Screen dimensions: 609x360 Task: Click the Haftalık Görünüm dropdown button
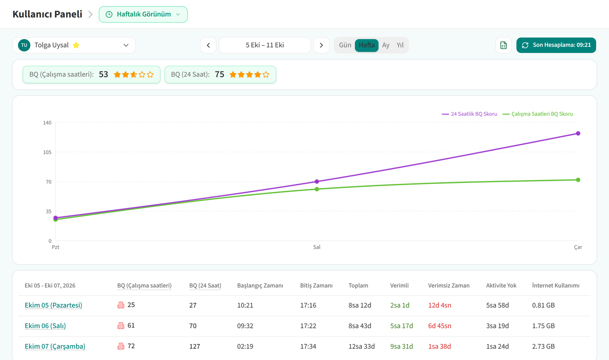143,14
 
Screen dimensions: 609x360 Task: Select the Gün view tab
345,45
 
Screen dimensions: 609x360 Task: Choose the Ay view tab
385,45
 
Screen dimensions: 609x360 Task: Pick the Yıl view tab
400,45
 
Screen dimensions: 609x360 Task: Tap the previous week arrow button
208,45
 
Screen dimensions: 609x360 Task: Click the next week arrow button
321,45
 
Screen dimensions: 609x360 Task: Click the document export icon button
503,45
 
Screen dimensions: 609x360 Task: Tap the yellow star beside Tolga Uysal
76,45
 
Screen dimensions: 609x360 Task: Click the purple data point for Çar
578,133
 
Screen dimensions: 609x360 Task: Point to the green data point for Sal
317,189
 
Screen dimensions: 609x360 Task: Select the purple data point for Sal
317,181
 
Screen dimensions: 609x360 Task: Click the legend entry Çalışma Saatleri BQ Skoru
538,114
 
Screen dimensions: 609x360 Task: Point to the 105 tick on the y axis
47,152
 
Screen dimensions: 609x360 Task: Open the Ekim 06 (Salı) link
45,326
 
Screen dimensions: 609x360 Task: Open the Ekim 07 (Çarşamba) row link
55,347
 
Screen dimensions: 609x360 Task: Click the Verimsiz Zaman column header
448,286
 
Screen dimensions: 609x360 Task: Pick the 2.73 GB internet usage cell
543,347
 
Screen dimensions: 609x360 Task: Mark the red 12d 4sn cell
440,305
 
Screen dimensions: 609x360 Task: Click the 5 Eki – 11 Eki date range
264,45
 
